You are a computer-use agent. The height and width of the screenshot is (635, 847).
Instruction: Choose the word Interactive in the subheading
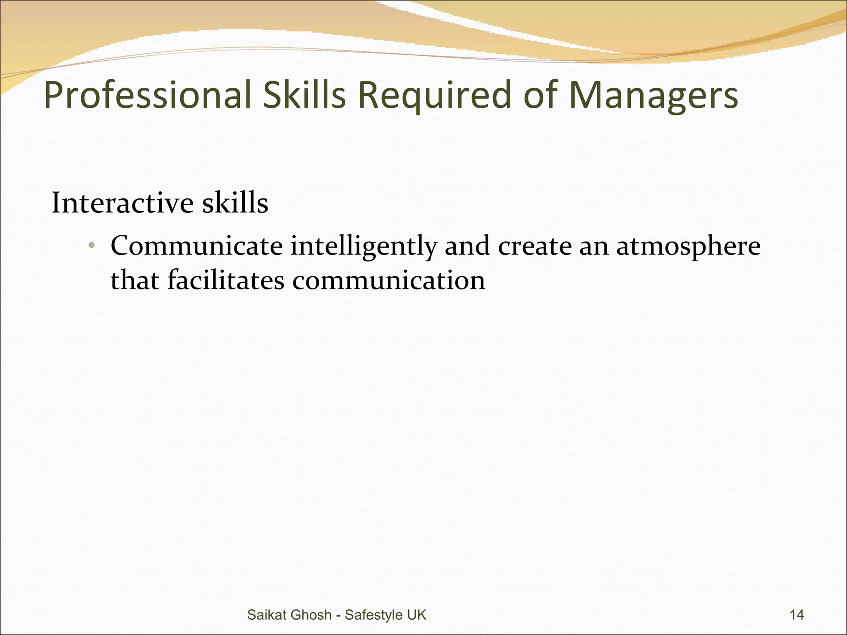point(122,203)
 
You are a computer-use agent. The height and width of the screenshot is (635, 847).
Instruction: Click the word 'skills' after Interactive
point(235,203)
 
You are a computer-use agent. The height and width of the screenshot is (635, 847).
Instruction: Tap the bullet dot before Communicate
point(92,246)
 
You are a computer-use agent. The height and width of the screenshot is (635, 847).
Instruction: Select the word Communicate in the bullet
point(196,246)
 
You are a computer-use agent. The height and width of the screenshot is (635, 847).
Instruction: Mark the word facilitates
point(226,280)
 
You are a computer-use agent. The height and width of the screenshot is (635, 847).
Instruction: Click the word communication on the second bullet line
point(389,280)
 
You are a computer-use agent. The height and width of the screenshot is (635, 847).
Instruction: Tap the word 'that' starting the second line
point(135,280)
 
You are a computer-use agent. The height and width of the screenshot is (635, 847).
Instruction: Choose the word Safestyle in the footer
point(374,615)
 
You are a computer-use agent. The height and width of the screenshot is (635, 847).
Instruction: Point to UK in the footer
point(416,615)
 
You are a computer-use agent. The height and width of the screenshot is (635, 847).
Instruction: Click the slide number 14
point(797,615)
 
